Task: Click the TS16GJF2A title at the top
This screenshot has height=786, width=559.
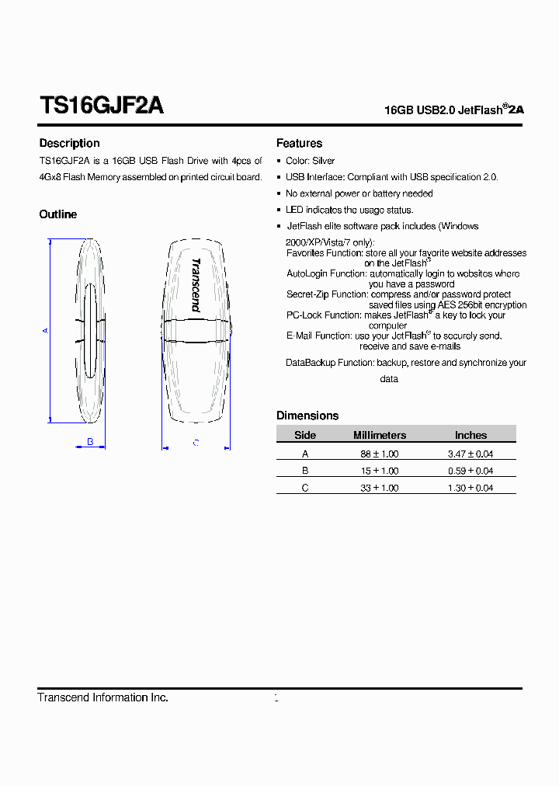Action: click(x=101, y=106)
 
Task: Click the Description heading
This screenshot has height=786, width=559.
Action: click(x=69, y=143)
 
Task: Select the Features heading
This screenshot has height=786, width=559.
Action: click(x=299, y=143)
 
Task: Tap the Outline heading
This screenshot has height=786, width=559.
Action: click(x=58, y=214)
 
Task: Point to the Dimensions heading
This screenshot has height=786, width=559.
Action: click(x=307, y=416)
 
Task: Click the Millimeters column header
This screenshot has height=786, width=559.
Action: click(x=380, y=435)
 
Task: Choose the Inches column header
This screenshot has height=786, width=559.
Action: click(x=470, y=435)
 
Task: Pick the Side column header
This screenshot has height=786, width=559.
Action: click(x=305, y=435)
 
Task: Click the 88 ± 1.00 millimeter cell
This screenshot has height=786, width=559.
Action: click(x=380, y=454)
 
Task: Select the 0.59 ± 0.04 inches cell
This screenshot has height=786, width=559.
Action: click(x=470, y=471)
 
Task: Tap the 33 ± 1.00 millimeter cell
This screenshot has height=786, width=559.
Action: click(x=380, y=488)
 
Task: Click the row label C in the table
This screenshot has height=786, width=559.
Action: click(x=305, y=488)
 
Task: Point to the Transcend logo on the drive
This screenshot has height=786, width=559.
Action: click(x=196, y=285)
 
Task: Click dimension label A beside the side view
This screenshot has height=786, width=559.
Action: click(x=46, y=330)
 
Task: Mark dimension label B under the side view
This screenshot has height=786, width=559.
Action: click(x=90, y=442)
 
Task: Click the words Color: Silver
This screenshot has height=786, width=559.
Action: click(x=311, y=161)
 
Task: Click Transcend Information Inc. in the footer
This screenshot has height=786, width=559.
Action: click(x=103, y=697)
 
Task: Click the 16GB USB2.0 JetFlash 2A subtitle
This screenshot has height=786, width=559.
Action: click(x=454, y=110)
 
